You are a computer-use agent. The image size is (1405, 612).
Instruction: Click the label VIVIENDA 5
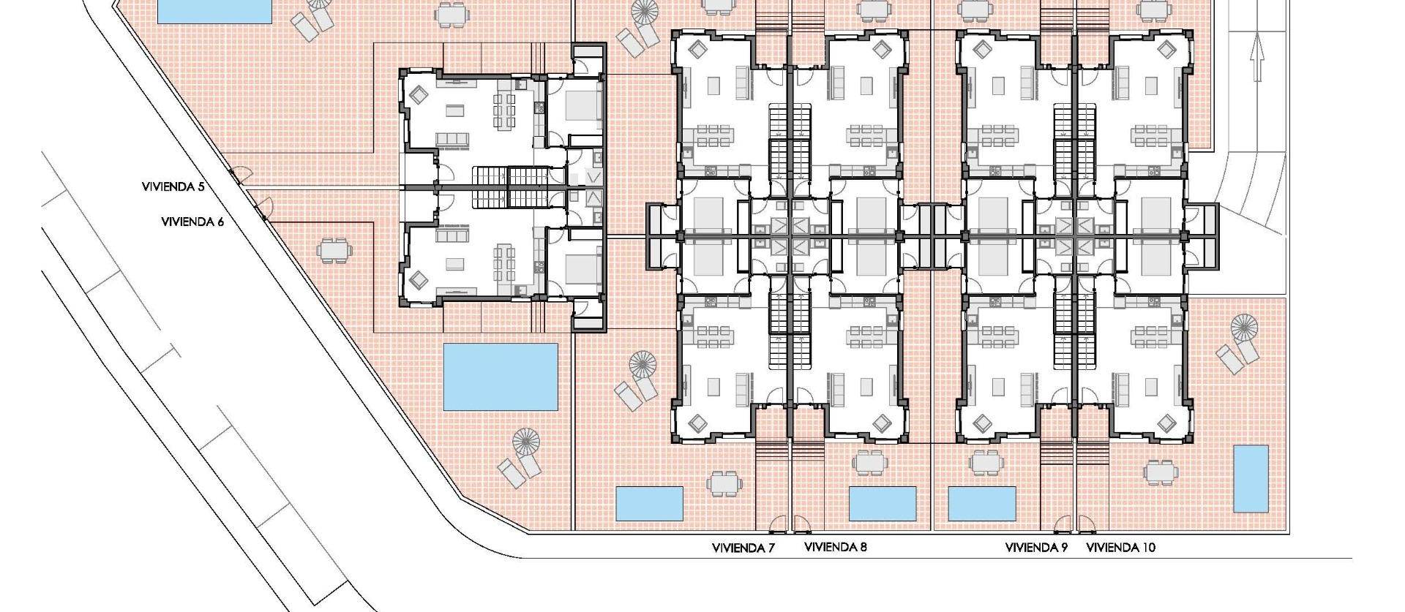pos(173,187)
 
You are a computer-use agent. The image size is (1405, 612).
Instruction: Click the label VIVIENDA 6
pos(192,222)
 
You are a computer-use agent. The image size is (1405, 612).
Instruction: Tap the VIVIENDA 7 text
pos(743,548)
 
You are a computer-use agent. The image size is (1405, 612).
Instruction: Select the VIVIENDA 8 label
pos(835,547)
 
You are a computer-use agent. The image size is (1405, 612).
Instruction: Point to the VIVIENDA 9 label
pos(1036,548)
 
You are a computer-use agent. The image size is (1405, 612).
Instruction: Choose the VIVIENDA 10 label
pos(1120,548)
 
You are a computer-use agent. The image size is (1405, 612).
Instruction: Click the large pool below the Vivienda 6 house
pos(501,377)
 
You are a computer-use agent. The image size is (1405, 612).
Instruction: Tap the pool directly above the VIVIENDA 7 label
pos(649,504)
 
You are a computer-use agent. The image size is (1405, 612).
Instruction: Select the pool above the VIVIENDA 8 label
pos(882,503)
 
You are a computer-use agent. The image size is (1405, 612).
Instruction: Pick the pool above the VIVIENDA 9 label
pos(981,503)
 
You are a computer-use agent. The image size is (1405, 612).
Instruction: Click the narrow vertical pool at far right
pos(1251,479)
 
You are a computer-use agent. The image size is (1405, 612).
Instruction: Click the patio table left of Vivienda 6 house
pos(334,251)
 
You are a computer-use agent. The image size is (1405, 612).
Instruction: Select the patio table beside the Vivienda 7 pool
pos(722,483)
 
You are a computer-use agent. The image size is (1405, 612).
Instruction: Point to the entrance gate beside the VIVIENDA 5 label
pos(241,175)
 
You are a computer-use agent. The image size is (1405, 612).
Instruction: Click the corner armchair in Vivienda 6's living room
pos(419,279)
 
